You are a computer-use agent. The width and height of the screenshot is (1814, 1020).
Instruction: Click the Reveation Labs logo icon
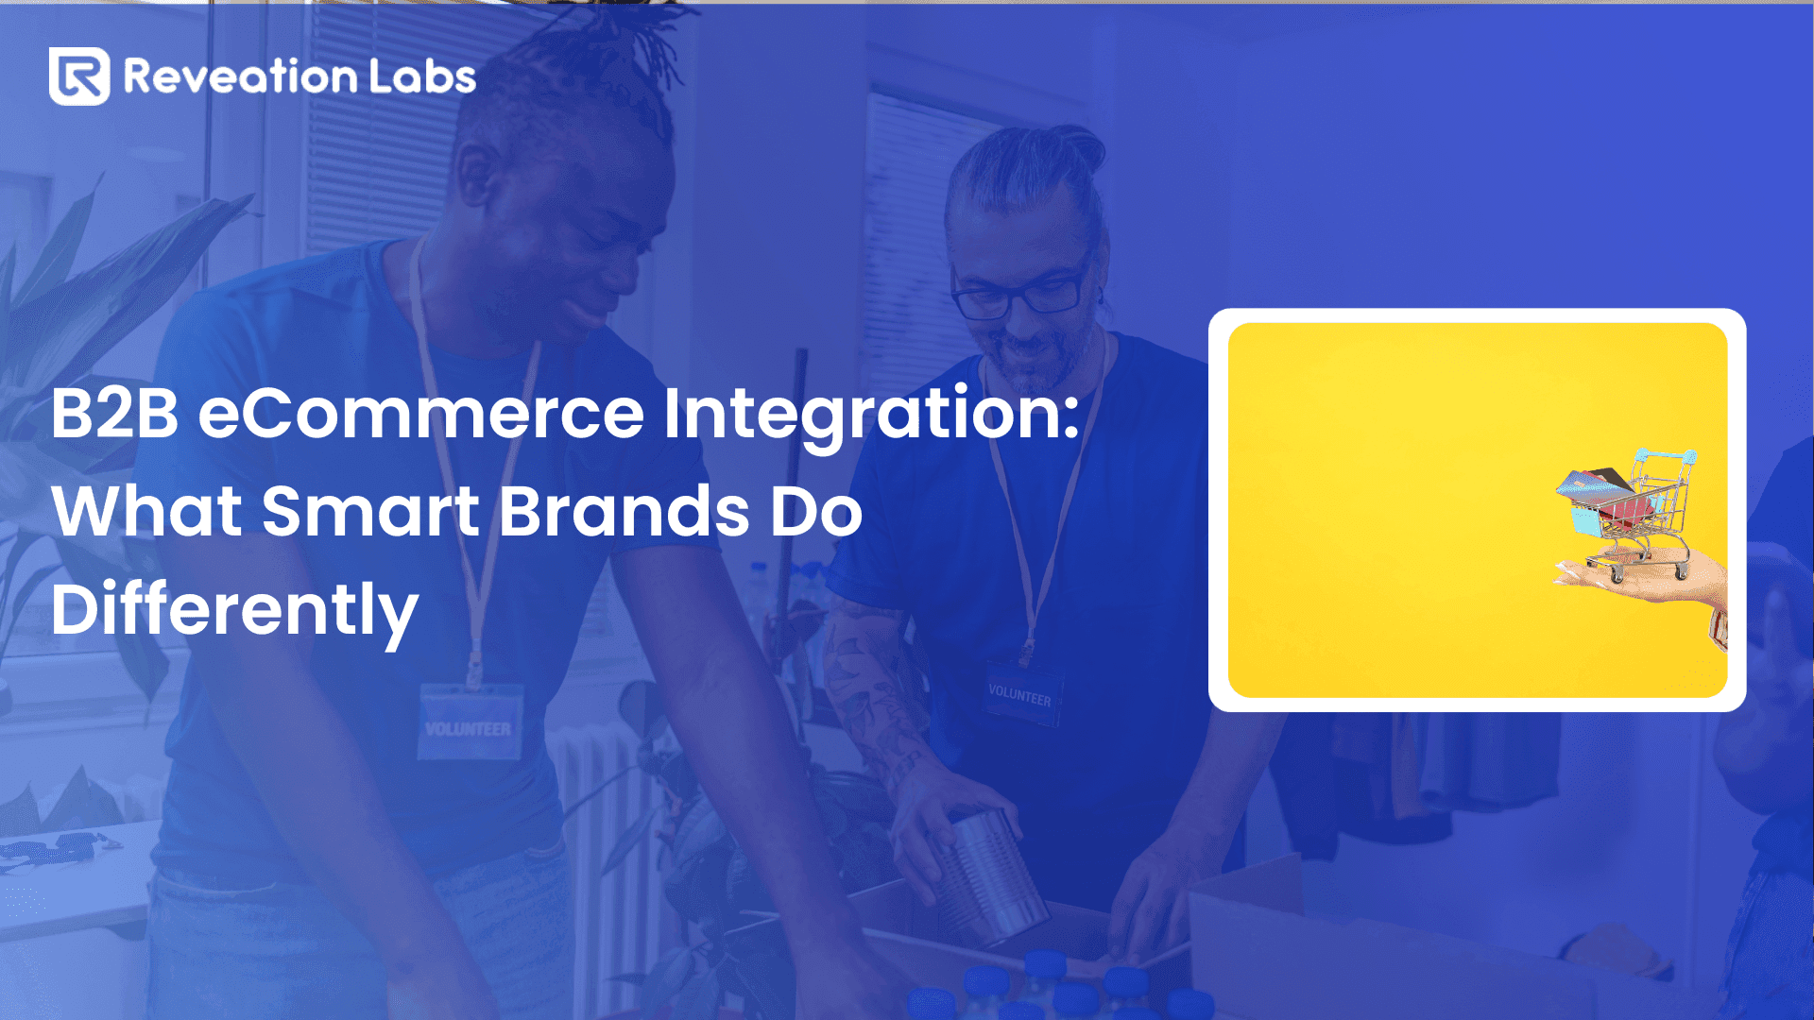(79, 76)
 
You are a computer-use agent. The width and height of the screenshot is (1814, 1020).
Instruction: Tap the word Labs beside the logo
(422, 76)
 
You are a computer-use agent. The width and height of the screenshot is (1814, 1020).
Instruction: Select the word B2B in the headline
(114, 414)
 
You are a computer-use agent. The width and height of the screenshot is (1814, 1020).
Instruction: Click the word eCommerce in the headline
(421, 414)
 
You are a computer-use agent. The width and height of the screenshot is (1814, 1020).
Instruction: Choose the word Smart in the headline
(370, 512)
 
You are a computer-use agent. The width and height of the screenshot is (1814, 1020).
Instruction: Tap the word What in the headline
(147, 512)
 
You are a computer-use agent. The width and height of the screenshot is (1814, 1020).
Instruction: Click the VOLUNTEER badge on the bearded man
(1020, 694)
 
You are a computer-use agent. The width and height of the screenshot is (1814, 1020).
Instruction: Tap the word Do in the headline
(816, 512)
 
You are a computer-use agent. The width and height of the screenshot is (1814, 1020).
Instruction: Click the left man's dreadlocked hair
(576, 76)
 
